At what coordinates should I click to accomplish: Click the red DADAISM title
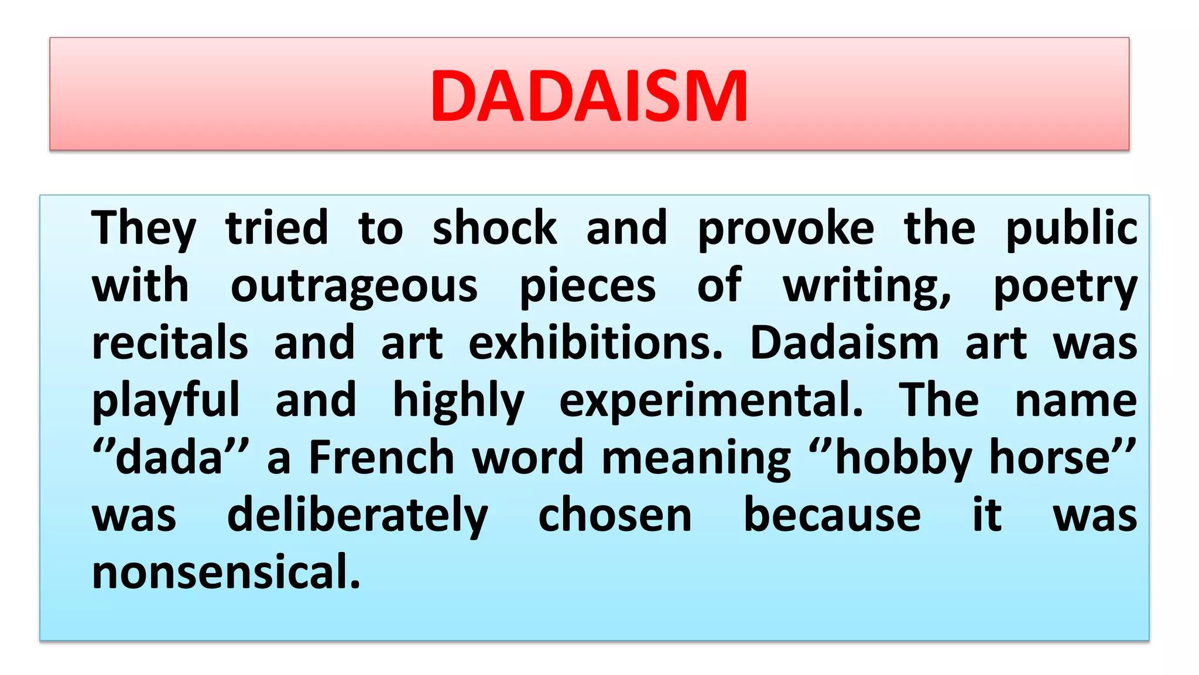pyautogui.click(x=589, y=96)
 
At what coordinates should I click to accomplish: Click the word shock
pyautogui.click(x=495, y=228)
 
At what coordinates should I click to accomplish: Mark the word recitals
pyautogui.click(x=170, y=343)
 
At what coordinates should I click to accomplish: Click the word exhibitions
pyautogui.click(x=595, y=343)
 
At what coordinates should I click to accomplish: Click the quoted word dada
pyautogui.click(x=170, y=458)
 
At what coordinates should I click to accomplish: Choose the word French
pyautogui.click(x=381, y=458)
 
